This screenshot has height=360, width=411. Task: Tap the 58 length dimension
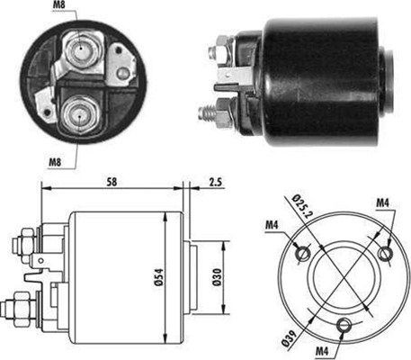[110, 182]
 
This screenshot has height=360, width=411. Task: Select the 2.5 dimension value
[217, 182]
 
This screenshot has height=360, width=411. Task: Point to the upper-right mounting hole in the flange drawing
[386, 255]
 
